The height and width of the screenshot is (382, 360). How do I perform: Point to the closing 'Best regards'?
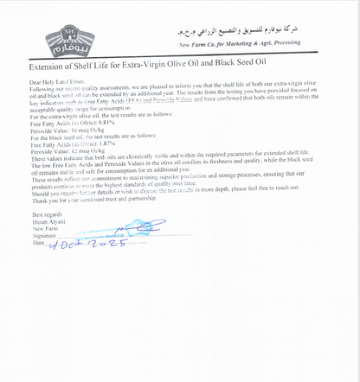[x=47, y=213]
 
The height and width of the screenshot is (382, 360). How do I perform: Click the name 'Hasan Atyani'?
[x=49, y=220]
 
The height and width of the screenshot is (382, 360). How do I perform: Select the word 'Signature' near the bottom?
[x=45, y=235]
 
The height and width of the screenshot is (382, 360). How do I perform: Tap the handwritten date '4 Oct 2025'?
[x=87, y=244]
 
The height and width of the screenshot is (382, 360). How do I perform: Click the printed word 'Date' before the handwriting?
[x=38, y=242]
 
